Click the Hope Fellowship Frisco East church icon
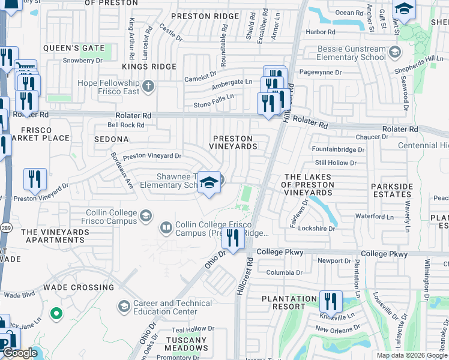148,87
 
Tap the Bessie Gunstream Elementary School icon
394,53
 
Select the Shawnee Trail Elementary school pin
209,183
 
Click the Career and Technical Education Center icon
124,307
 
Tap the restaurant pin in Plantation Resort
330,302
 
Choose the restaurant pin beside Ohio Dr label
232,238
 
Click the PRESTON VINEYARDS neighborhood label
234,142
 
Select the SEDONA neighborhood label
111,139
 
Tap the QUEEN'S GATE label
74,48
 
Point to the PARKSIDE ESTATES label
392,191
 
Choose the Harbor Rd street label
320,32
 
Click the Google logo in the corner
20,353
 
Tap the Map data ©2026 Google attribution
412,355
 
